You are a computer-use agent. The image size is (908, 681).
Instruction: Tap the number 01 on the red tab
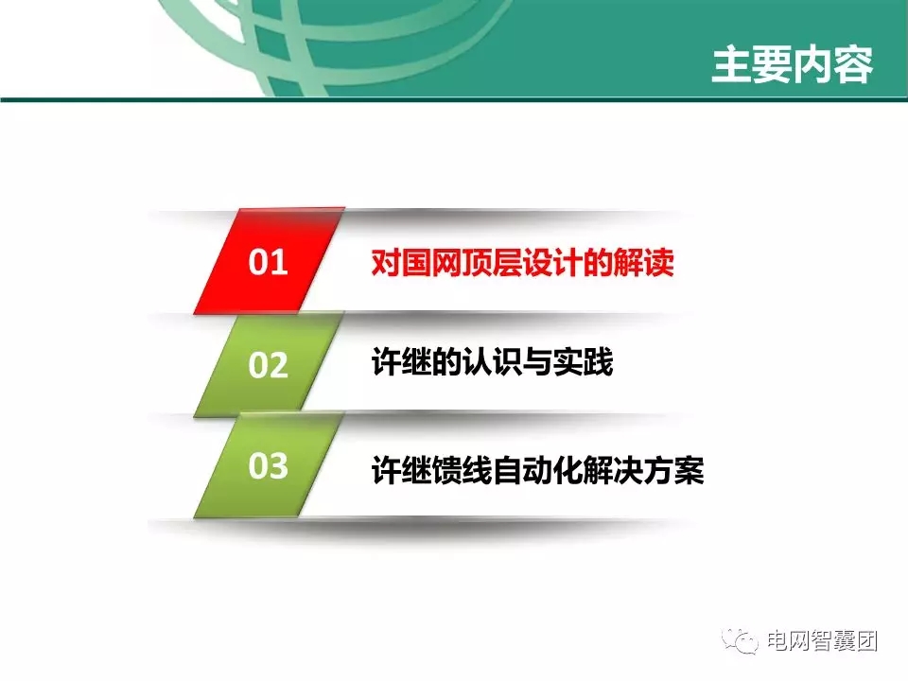[268, 263]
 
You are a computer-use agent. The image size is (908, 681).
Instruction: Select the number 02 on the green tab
[268, 365]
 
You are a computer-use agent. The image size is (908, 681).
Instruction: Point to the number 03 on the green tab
[268, 466]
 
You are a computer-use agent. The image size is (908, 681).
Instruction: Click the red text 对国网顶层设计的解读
[522, 262]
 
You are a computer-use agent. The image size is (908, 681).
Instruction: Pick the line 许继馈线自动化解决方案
[537, 470]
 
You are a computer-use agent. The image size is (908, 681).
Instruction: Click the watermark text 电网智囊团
[823, 640]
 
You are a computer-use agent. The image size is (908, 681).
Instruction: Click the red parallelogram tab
[267, 263]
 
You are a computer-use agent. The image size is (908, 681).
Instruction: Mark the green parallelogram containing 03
[268, 466]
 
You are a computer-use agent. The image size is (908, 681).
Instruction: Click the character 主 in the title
[730, 64]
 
